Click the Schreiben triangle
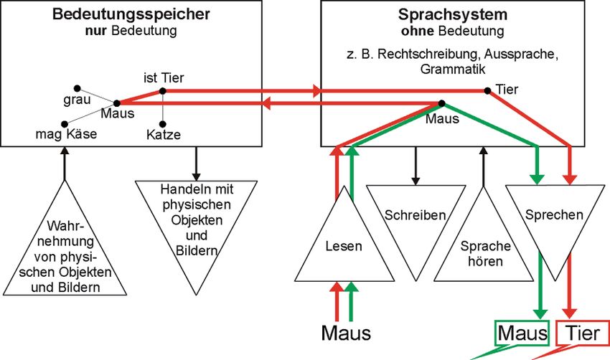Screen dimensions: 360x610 tap(415, 215)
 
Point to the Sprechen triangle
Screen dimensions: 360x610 tap(554, 214)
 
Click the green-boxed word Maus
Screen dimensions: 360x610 tap(522, 333)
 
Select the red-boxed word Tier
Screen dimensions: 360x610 tap(583, 333)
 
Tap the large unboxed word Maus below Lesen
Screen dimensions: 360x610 tap(346, 333)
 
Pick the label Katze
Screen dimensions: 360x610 tap(163, 135)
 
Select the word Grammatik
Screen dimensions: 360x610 tap(452, 70)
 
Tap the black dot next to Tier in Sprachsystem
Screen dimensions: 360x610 tap(488, 90)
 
